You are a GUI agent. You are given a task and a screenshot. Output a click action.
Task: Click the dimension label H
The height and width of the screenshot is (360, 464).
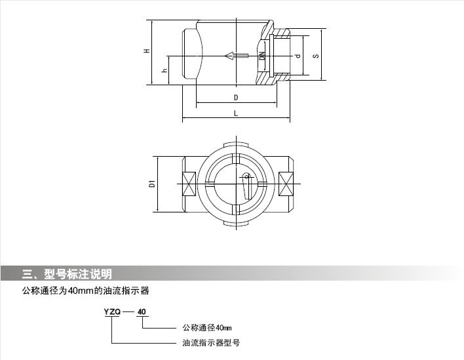click(x=148, y=50)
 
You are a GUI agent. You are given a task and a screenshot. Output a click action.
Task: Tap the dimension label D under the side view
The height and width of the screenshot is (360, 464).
click(x=235, y=97)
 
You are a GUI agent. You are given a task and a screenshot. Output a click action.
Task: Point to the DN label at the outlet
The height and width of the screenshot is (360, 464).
click(x=262, y=56)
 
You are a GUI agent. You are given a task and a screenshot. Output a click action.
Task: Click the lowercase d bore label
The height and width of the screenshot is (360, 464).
click(x=298, y=56)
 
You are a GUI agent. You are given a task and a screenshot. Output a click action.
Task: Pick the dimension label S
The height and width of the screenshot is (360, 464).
click(x=316, y=56)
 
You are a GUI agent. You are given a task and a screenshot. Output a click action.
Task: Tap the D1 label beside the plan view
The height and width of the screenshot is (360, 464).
click(x=151, y=184)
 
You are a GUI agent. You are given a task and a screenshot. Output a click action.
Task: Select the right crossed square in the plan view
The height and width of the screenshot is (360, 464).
click(x=286, y=184)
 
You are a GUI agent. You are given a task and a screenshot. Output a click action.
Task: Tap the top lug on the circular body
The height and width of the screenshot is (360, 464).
click(x=237, y=146)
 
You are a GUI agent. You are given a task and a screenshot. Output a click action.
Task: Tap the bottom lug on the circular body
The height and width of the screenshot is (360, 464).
click(x=237, y=223)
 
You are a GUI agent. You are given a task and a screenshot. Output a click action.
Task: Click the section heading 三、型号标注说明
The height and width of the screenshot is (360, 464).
click(x=68, y=273)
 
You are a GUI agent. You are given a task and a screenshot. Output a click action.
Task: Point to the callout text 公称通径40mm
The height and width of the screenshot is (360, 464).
click(x=207, y=327)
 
